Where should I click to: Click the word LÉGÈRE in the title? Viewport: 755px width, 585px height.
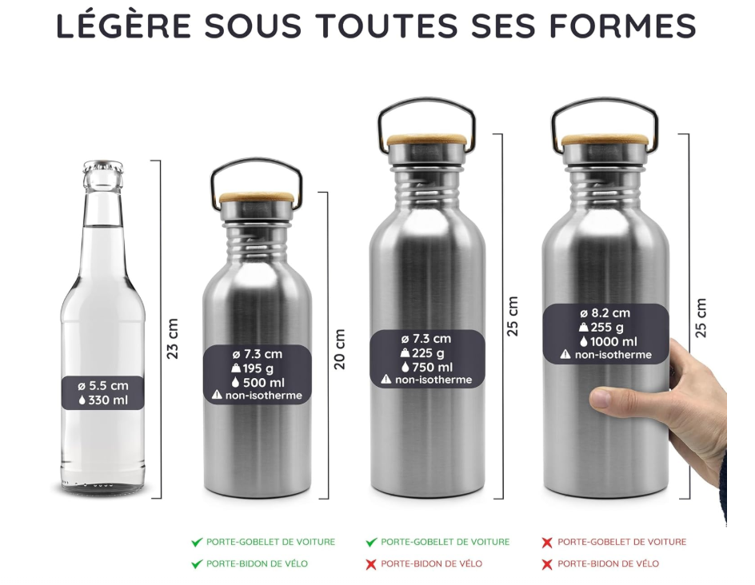[x=123, y=26]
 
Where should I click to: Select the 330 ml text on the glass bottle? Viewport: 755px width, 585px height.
[x=109, y=400]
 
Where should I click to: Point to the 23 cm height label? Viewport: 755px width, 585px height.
[x=173, y=339]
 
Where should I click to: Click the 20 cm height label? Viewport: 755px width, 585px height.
[x=340, y=348]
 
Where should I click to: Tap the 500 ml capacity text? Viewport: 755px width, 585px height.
[x=263, y=382]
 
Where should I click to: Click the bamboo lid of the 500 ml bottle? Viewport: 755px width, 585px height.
[x=257, y=197]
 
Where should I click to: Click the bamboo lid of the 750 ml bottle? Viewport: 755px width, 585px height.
[x=427, y=140]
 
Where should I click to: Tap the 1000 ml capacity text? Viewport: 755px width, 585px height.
[x=613, y=341]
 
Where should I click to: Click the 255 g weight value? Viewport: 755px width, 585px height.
[x=607, y=327]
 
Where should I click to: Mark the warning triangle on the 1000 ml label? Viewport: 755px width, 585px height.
[x=565, y=355]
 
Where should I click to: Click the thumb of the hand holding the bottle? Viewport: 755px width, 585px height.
[x=612, y=398]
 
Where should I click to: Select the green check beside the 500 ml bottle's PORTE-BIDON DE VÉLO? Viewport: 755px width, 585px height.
[x=197, y=564]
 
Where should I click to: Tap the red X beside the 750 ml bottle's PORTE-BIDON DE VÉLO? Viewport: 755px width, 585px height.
[x=371, y=564]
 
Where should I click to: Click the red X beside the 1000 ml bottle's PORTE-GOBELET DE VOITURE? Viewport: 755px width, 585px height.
[x=547, y=543]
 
